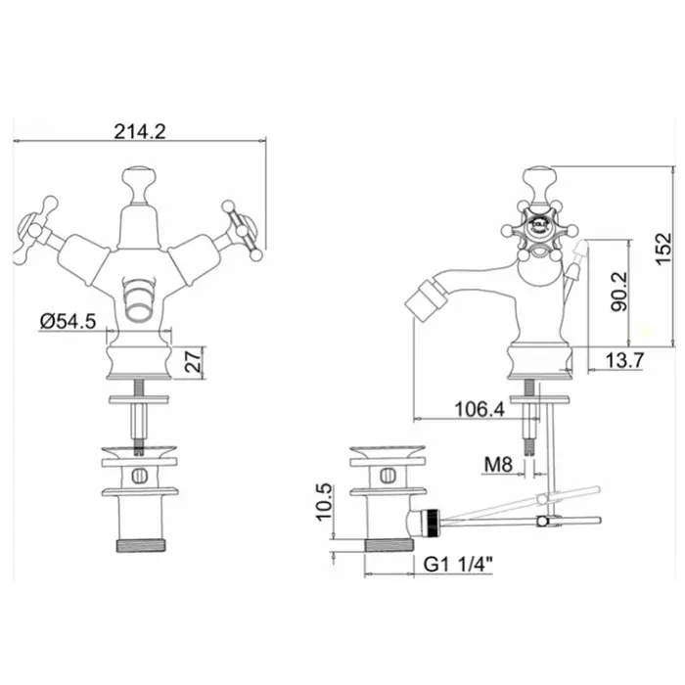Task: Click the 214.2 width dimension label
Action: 140,131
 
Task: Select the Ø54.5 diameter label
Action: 68,322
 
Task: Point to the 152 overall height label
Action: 663,249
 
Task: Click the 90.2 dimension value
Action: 618,292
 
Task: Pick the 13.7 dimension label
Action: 624,360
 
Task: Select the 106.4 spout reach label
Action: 479,410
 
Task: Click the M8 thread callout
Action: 498,465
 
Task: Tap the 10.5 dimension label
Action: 324,501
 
